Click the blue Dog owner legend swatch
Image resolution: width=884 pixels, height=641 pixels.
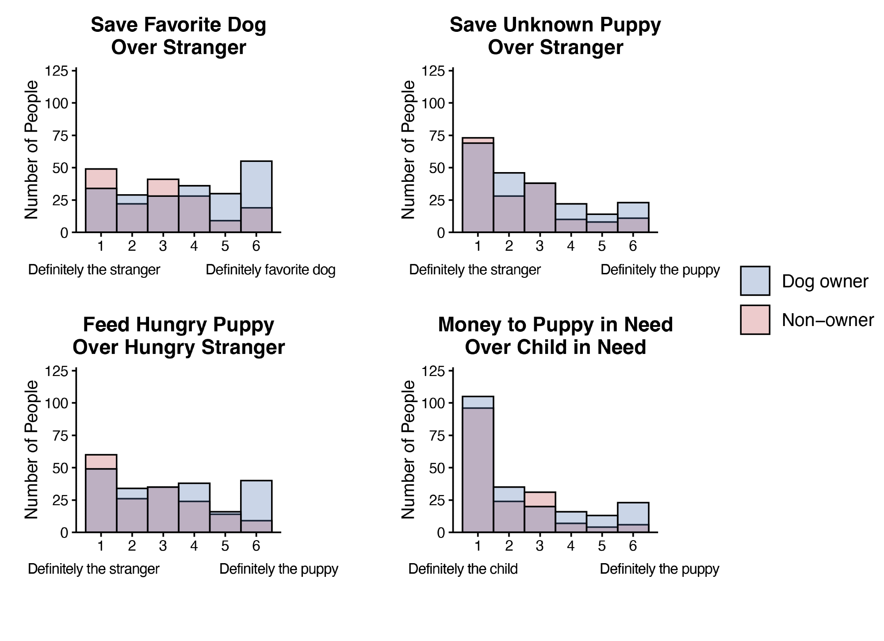pos(755,280)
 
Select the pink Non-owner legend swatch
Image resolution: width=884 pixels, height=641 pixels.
pos(755,319)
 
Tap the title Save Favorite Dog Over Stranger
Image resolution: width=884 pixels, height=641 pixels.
pos(178,36)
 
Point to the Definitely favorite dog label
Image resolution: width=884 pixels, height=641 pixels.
pos(270,269)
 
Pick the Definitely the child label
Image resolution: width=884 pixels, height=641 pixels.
pos(463,568)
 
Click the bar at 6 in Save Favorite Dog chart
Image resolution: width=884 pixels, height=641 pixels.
pos(256,197)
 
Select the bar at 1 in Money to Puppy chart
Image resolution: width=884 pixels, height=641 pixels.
pos(478,464)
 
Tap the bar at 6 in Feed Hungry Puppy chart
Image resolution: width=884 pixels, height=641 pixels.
pos(256,507)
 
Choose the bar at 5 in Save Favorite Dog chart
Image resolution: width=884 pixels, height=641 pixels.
pos(225,213)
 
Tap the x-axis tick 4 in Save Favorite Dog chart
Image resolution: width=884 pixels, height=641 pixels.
pos(194,246)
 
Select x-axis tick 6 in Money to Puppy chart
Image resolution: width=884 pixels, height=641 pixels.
pos(632,546)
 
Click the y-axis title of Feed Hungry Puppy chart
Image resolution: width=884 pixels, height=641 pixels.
pos(31,449)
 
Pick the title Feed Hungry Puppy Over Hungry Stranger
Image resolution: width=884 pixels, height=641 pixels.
pos(178,336)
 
